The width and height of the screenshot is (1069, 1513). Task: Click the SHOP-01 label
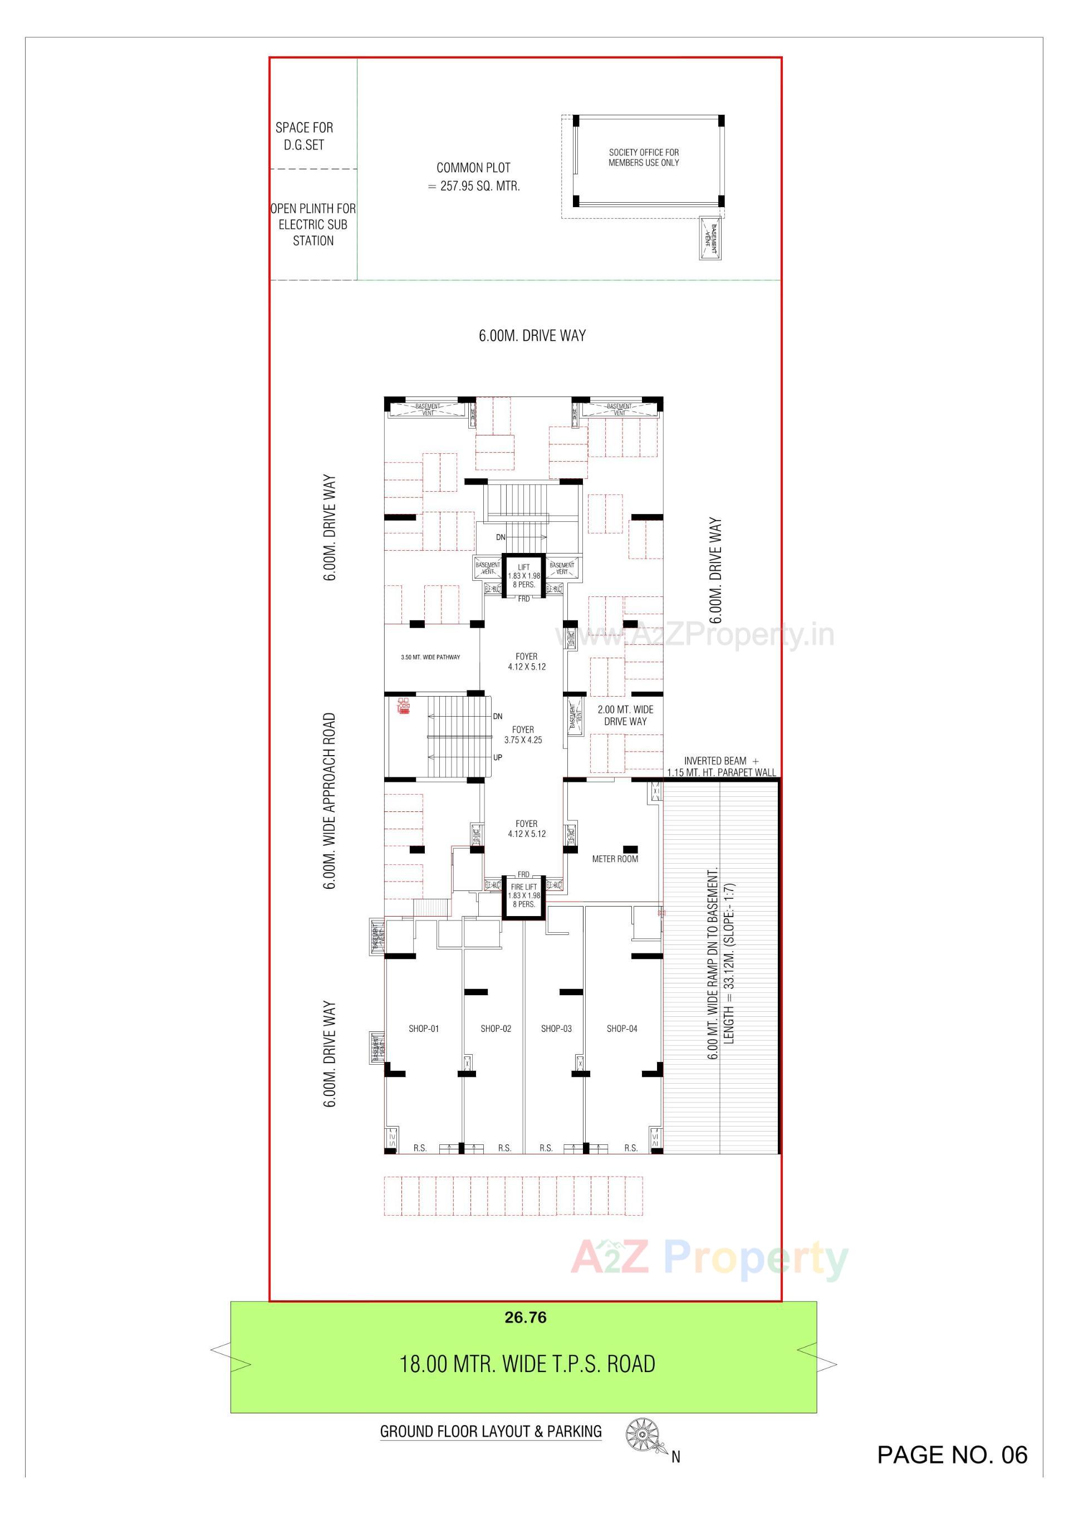click(x=423, y=1029)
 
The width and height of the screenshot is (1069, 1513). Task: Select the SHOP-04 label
click(x=621, y=1029)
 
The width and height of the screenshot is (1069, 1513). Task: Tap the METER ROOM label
click(x=614, y=859)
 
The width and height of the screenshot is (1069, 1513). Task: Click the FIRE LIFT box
click(x=524, y=896)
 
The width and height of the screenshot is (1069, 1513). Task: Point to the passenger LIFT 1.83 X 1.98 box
click(x=524, y=576)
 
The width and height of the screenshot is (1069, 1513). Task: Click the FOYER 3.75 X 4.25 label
click(x=523, y=735)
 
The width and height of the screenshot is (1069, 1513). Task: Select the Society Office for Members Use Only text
click(x=643, y=158)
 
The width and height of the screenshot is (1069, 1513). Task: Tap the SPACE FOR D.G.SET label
click(x=304, y=136)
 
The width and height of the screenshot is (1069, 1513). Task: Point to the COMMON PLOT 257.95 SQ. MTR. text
click(x=474, y=177)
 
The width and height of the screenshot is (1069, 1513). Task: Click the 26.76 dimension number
click(x=525, y=1318)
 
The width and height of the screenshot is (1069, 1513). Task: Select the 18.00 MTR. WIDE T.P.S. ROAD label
click(x=527, y=1364)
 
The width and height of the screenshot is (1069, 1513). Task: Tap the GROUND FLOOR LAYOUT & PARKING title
click(x=491, y=1431)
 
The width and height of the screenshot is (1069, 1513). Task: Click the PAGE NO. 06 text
click(x=952, y=1455)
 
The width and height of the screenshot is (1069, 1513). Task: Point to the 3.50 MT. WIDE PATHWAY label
click(x=430, y=657)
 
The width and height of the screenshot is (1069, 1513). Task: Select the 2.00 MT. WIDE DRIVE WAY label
click(x=625, y=716)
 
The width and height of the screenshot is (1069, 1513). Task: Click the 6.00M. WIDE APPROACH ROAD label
click(x=330, y=801)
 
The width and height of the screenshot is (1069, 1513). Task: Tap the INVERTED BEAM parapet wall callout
click(x=721, y=766)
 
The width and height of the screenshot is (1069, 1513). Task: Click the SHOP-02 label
click(x=496, y=1029)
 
